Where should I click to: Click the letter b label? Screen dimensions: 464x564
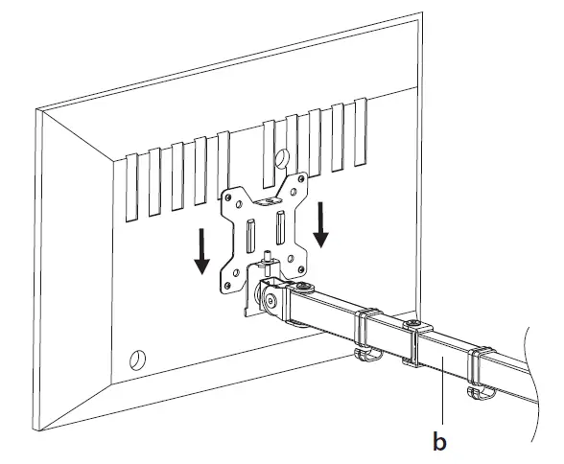tap(439, 442)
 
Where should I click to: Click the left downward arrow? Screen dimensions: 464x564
tap(202, 252)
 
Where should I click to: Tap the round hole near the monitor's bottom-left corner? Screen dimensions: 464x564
tap(135, 360)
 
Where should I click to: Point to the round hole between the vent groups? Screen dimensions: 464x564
tap(284, 156)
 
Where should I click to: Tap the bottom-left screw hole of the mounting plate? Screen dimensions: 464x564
tap(231, 282)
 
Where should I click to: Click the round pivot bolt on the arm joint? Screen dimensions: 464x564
tap(272, 302)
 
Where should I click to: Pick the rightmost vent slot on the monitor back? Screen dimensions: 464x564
tap(361, 128)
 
